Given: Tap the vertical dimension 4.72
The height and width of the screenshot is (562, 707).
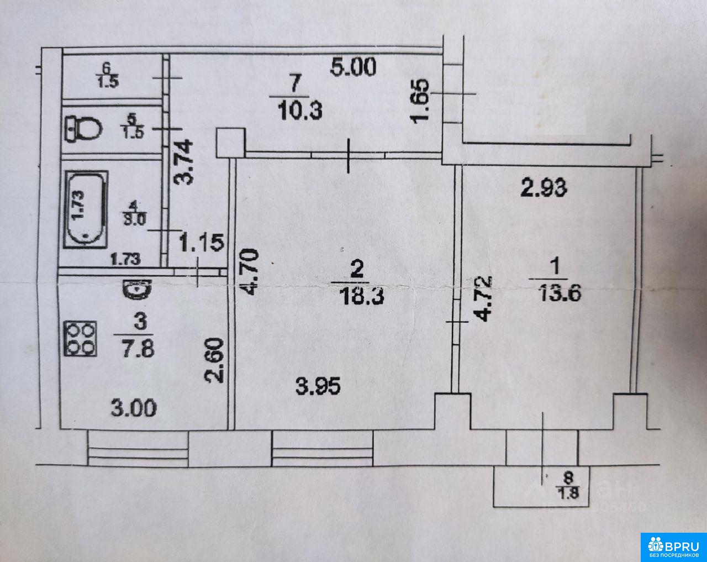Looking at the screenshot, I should [484, 298].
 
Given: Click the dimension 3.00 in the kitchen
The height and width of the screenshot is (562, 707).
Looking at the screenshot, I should [134, 408].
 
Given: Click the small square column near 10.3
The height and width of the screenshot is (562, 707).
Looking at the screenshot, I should [230, 143].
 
